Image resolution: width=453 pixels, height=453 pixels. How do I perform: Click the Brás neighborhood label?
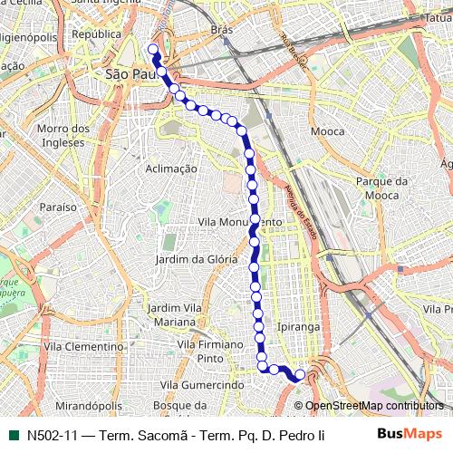(x=221, y=29)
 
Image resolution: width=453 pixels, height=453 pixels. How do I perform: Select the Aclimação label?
(x=171, y=169)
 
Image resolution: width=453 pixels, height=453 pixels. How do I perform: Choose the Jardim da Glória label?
(x=197, y=259)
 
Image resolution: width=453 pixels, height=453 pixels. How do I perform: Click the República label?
(x=96, y=34)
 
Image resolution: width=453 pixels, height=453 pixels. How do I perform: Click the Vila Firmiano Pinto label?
(x=210, y=352)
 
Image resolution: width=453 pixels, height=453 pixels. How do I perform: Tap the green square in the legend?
(x=12, y=435)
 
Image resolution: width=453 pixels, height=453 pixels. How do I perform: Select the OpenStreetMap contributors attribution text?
(x=373, y=406)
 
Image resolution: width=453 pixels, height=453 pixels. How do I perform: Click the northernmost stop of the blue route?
(x=152, y=50)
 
